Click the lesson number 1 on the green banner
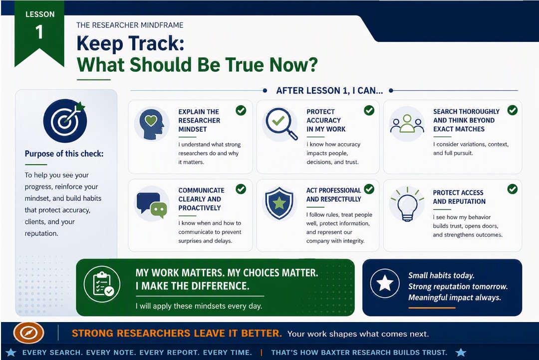point(39,32)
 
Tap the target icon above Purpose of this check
point(65,121)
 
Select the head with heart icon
point(152,124)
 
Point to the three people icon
point(407,124)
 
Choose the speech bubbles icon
point(152,205)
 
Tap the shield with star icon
point(279,203)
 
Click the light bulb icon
point(407,204)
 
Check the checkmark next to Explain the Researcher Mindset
point(241,110)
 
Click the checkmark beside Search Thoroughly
point(513,110)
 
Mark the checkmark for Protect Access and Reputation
point(513,189)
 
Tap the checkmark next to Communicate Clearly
point(241,189)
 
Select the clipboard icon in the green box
point(102,284)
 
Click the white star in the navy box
point(385,283)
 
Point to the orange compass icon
point(28,333)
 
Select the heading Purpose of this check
point(64,154)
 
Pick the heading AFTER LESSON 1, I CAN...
point(329,91)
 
